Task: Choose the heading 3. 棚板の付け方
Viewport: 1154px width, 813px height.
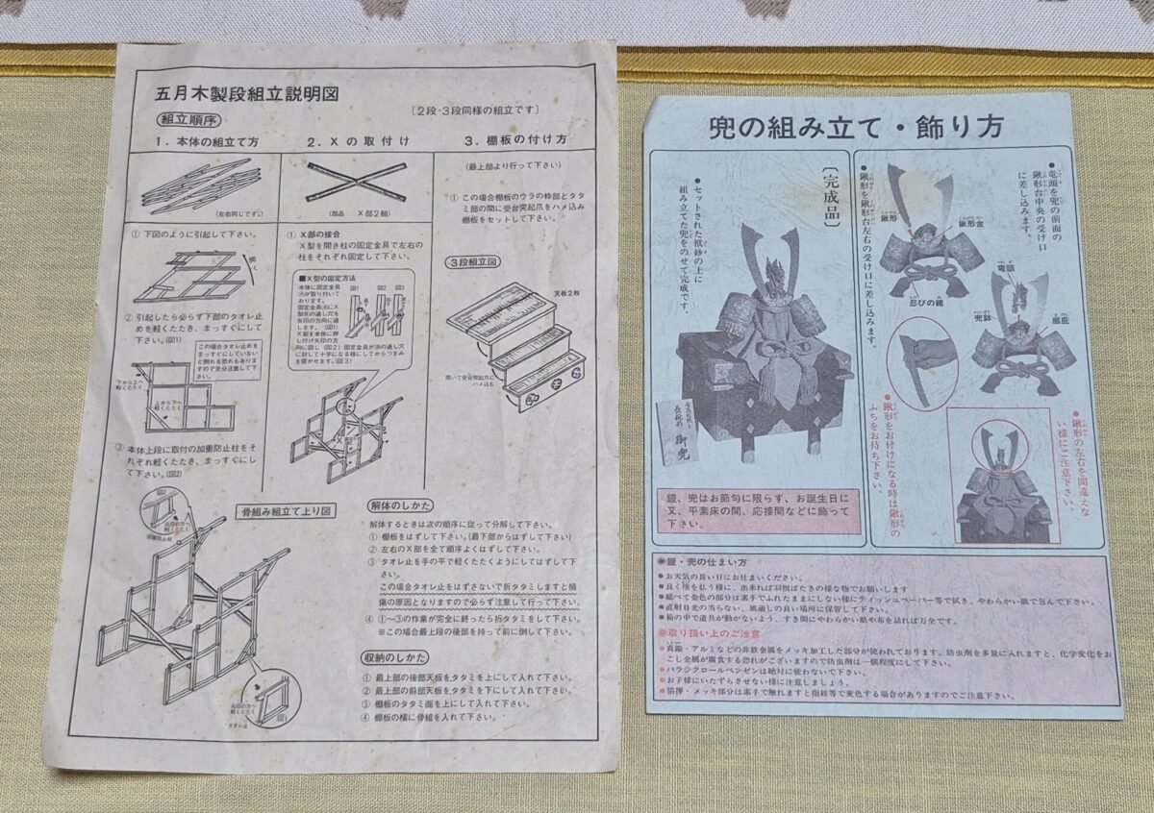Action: [514, 140]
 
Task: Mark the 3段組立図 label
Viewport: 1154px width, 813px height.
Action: [471, 262]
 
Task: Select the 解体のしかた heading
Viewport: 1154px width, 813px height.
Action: [401, 505]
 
